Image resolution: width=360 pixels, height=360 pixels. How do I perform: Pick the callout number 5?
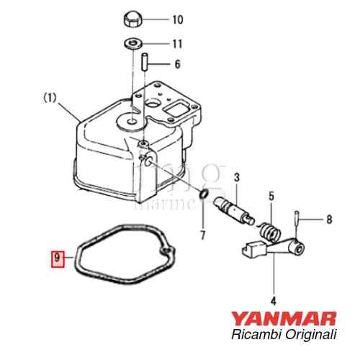point(271,195)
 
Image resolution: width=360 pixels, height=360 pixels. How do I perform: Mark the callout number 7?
point(202,235)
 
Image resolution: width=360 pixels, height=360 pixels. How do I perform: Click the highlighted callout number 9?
point(57,256)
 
